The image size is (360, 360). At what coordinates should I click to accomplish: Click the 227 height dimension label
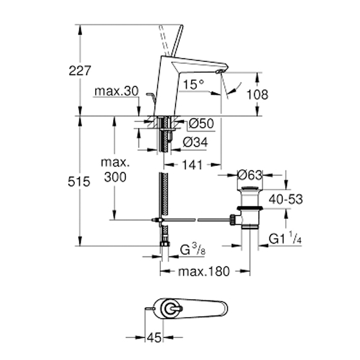(x=80, y=70)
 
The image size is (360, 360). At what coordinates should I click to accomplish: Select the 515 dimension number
(x=79, y=182)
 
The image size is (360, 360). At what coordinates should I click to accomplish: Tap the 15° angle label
(x=193, y=84)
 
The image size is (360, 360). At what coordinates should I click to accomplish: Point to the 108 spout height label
(x=257, y=94)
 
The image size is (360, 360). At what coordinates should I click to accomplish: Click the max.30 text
(x=116, y=91)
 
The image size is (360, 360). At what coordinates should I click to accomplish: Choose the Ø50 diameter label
(x=201, y=124)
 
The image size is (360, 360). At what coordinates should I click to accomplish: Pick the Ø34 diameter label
(x=195, y=142)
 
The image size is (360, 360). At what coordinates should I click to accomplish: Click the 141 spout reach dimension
(x=192, y=165)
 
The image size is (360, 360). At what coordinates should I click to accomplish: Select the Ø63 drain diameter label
(x=250, y=175)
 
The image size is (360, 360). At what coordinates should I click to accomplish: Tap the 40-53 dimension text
(x=286, y=199)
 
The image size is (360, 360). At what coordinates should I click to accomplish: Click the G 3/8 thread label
(x=192, y=250)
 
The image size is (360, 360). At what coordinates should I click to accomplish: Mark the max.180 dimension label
(x=204, y=271)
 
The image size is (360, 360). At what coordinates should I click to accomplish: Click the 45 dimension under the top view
(x=154, y=337)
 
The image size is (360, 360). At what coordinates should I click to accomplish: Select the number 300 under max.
(x=115, y=177)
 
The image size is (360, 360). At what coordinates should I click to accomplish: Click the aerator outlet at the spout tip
(x=219, y=71)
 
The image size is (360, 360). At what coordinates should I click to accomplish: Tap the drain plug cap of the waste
(x=250, y=188)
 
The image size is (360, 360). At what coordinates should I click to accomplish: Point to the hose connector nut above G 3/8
(x=165, y=243)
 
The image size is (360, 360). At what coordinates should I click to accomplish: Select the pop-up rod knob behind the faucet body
(x=149, y=94)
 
